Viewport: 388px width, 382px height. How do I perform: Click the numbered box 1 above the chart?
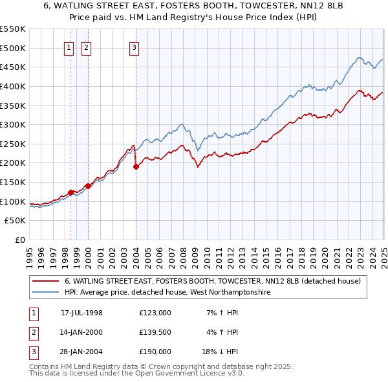(x=69, y=47)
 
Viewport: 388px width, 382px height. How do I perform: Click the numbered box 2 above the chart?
(x=86, y=47)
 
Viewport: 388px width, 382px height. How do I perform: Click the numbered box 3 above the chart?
(x=134, y=47)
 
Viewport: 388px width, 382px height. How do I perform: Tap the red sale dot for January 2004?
(x=136, y=166)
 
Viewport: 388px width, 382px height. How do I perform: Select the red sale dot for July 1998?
(x=71, y=192)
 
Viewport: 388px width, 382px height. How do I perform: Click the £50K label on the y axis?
(x=16, y=221)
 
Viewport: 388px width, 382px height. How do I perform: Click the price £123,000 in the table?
(x=155, y=313)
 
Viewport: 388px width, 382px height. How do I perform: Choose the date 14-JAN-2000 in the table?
(x=81, y=332)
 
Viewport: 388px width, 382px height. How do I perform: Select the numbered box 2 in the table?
(x=32, y=332)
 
